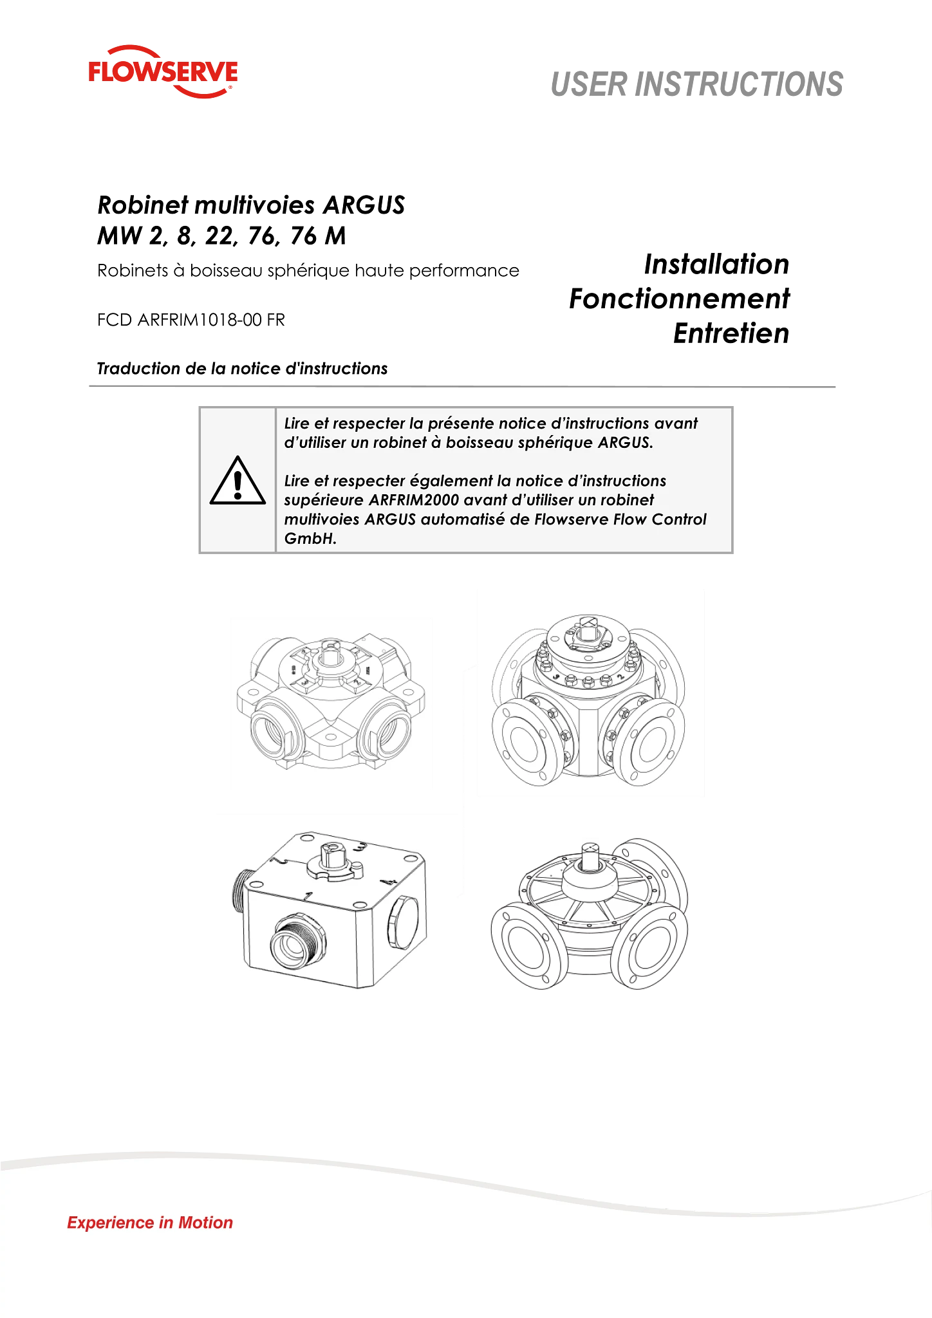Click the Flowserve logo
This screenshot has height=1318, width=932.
pyautogui.click(x=163, y=71)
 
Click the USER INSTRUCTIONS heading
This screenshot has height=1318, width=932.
pyautogui.click(x=696, y=84)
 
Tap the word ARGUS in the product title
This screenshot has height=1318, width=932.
pyautogui.click(x=364, y=205)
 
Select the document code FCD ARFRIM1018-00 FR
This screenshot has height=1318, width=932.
pyautogui.click(x=191, y=320)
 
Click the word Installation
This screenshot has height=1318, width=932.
pyautogui.click(x=716, y=264)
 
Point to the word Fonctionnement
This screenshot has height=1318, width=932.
pyautogui.click(x=680, y=299)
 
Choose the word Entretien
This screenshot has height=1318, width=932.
pyautogui.click(x=731, y=333)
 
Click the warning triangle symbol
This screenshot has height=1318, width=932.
pyautogui.click(x=238, y=481)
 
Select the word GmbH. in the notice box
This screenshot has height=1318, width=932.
pyautogui.click(x=310, y=539)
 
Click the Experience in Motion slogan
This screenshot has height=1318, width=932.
pyautogui.click(x=150, y=1223)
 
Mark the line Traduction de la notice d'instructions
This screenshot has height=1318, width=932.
pyautogui.click(x=242, y=369)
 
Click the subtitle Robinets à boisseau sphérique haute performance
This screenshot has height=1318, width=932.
pyautogui.click(x=308, y=270)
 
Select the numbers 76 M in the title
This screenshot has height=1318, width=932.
pyautogui.click(x=318, y=236)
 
